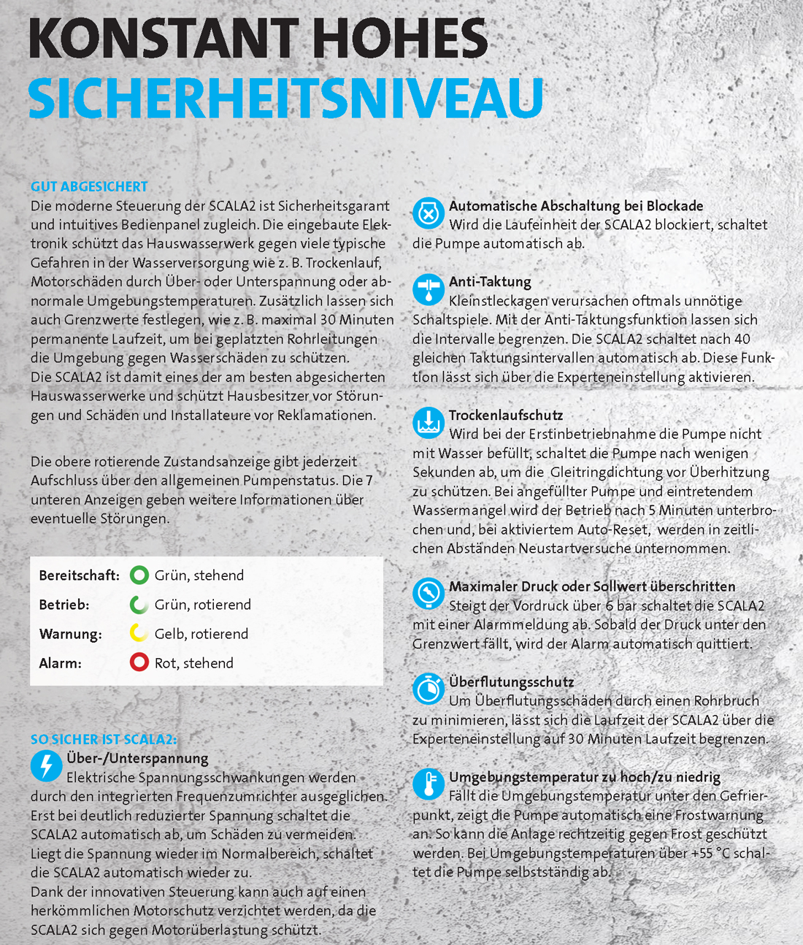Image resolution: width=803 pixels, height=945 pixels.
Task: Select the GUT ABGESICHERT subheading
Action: click(x=89, y=187)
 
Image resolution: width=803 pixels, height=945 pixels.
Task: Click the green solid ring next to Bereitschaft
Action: click(x=139, y=575)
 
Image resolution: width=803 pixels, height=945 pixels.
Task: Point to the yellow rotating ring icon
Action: click(x=139, y=633)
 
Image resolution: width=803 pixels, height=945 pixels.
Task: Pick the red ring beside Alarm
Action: click(x=139, y=662)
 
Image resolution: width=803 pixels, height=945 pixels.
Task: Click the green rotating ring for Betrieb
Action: click(x=139, y=605)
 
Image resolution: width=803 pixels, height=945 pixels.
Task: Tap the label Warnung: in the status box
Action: click(x=70, y=634)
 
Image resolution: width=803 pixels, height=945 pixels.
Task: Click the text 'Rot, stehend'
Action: click(x=194, y=663)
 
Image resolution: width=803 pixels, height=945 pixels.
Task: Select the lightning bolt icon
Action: click(x=46, y=765)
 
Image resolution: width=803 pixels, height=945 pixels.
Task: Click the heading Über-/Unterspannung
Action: click(x=137, y=759)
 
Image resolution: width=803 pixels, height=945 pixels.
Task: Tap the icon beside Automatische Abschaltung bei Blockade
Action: click(x=429, y=213)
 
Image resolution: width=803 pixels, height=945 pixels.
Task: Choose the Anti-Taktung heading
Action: click(x=490, y=282)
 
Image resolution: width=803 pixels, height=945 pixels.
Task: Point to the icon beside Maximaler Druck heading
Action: click(x=429, y=593)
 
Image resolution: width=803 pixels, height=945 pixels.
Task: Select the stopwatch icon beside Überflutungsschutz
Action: click(x=429, y=689)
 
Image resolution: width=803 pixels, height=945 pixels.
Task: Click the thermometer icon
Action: click(x=429, y=784)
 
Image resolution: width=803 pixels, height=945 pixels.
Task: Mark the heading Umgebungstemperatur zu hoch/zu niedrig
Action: click(x=585, y=777)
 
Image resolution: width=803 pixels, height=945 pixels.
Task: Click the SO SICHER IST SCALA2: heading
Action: click(x=104, y=740)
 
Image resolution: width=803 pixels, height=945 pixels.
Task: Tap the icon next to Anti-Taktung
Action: click(x=429, y=289)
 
